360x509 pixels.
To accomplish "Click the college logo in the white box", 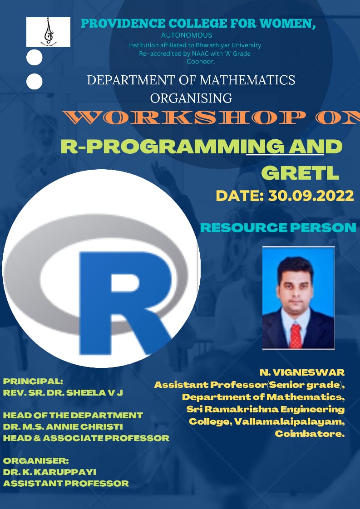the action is coord(49,31).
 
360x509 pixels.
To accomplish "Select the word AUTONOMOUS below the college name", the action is coord(187,35).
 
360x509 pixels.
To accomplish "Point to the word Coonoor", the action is coord(201,61).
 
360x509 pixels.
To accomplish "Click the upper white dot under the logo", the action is coord(34,58).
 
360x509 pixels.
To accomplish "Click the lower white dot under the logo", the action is coord(34,82).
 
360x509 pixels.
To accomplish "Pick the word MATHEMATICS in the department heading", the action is coord(247,80).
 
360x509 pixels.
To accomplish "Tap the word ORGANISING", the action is coord(191,98).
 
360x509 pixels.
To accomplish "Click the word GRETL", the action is coord(300,173).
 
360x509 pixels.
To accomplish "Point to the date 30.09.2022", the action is coord(311,196).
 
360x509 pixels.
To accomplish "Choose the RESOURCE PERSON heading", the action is coord(278,228).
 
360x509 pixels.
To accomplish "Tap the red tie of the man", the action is coord(296,336).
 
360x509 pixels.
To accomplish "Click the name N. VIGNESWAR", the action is coord(302,372).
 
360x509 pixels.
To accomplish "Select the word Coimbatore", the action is coord(310,434).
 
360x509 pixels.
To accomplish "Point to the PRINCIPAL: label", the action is coord(33,381).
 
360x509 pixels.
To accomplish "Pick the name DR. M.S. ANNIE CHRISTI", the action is coord(63,426).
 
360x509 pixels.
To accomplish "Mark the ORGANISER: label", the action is coord(36,460).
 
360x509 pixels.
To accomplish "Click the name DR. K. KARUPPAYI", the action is coord(49,472).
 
